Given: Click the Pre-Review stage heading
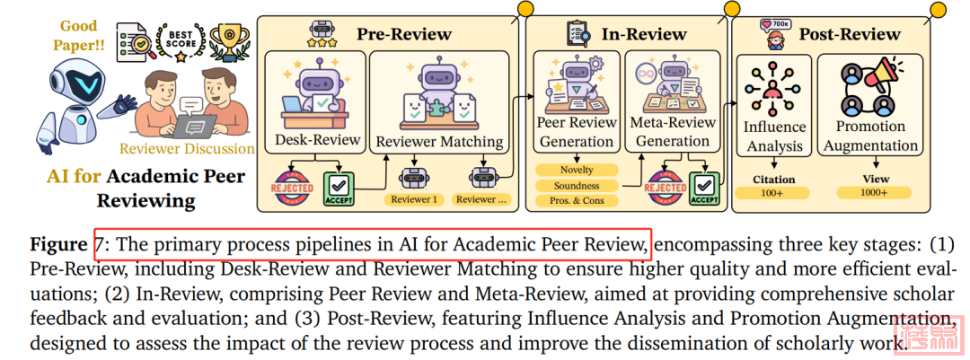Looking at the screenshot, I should pos(404,35).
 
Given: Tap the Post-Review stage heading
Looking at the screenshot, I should pos(850,34).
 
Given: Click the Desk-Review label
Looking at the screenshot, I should pos(317,139).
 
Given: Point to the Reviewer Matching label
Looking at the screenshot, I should pos(439,141).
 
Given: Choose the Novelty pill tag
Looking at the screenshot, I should pos(576,169).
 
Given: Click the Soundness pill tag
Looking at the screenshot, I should pos(576,185).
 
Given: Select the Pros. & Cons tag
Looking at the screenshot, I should pos(576,200).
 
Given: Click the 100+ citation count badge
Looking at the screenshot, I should pos(773,193).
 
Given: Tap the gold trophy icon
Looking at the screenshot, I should pos(229,38).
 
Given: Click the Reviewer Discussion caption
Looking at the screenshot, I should pos(187,148).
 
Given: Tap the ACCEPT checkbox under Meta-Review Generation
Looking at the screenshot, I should pos(705,187).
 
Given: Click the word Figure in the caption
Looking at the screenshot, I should pos(58,245).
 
